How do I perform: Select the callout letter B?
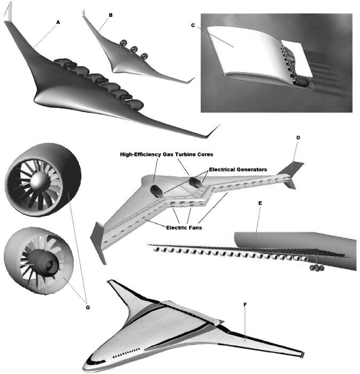pos(111,15)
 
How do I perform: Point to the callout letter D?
pos(298,138)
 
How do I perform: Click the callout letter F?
pos(245,305)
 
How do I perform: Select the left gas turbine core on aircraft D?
pos(156,193)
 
